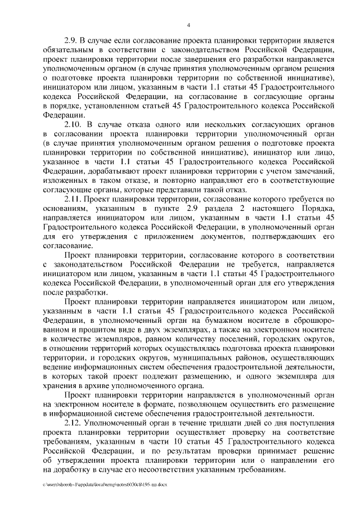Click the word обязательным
pyautogui.click(x=70, y=51)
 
